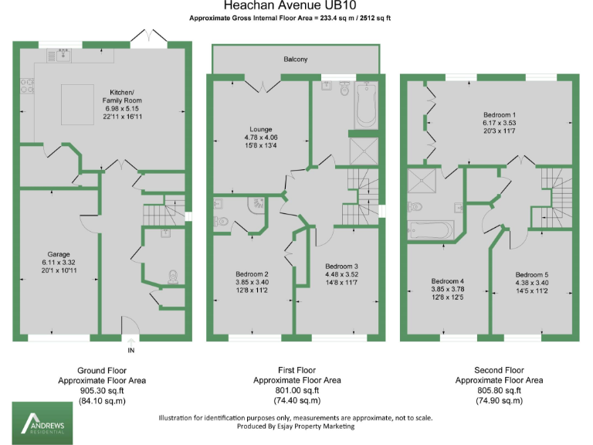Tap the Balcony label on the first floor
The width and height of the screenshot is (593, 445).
pos(295,59)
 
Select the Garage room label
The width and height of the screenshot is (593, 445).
pos(59,254)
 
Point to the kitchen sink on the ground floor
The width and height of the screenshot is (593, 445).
pos(59,55)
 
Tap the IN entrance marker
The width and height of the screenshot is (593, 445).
pos(130,350)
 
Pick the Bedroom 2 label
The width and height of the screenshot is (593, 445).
pos(252,274)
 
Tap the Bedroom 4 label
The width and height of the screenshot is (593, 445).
pos(448,280)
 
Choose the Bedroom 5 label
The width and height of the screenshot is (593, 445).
pos(531,275)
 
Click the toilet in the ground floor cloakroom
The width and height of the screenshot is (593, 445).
pos(172,276)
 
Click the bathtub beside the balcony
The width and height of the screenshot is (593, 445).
pos(365,107)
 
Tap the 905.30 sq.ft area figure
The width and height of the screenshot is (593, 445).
pos(102,390)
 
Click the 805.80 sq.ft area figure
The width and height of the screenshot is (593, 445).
pos(499,390)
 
